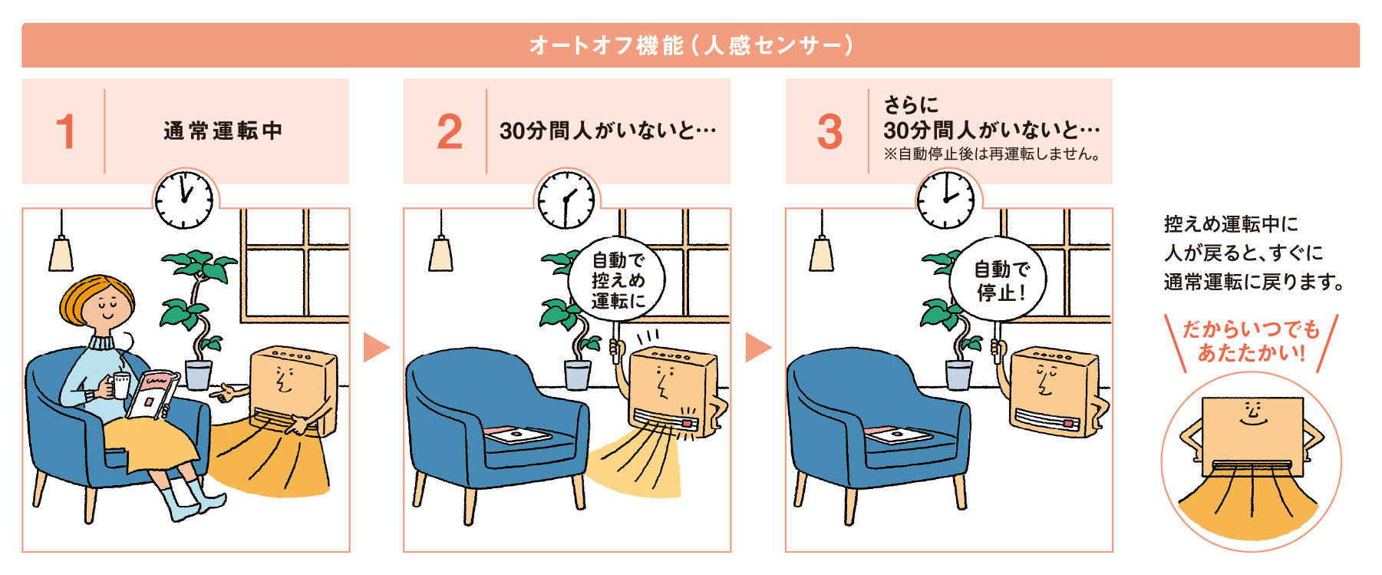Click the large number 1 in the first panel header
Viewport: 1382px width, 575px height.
(66, 132)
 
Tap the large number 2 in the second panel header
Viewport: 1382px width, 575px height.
(450, 132)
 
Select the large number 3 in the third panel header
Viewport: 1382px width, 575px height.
(830, 132)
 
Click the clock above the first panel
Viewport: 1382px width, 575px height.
(184, 200)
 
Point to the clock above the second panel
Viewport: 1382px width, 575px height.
(566, 200)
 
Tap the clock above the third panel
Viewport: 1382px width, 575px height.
(946, 200)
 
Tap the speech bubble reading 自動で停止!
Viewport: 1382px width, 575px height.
(999, 280)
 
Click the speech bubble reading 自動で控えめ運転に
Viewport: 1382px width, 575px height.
(617, 280)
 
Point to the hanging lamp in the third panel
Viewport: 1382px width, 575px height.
(821, 253)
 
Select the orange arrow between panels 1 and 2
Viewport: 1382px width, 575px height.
(375, 347)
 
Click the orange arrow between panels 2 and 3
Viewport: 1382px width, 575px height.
(757, 347)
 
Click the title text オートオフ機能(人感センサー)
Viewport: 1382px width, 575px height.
(691, 45)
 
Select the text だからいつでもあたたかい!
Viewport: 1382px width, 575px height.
(1251, 341)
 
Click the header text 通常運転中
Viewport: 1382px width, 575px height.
(223, 131)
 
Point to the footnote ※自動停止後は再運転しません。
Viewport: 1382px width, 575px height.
(993, 154)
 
